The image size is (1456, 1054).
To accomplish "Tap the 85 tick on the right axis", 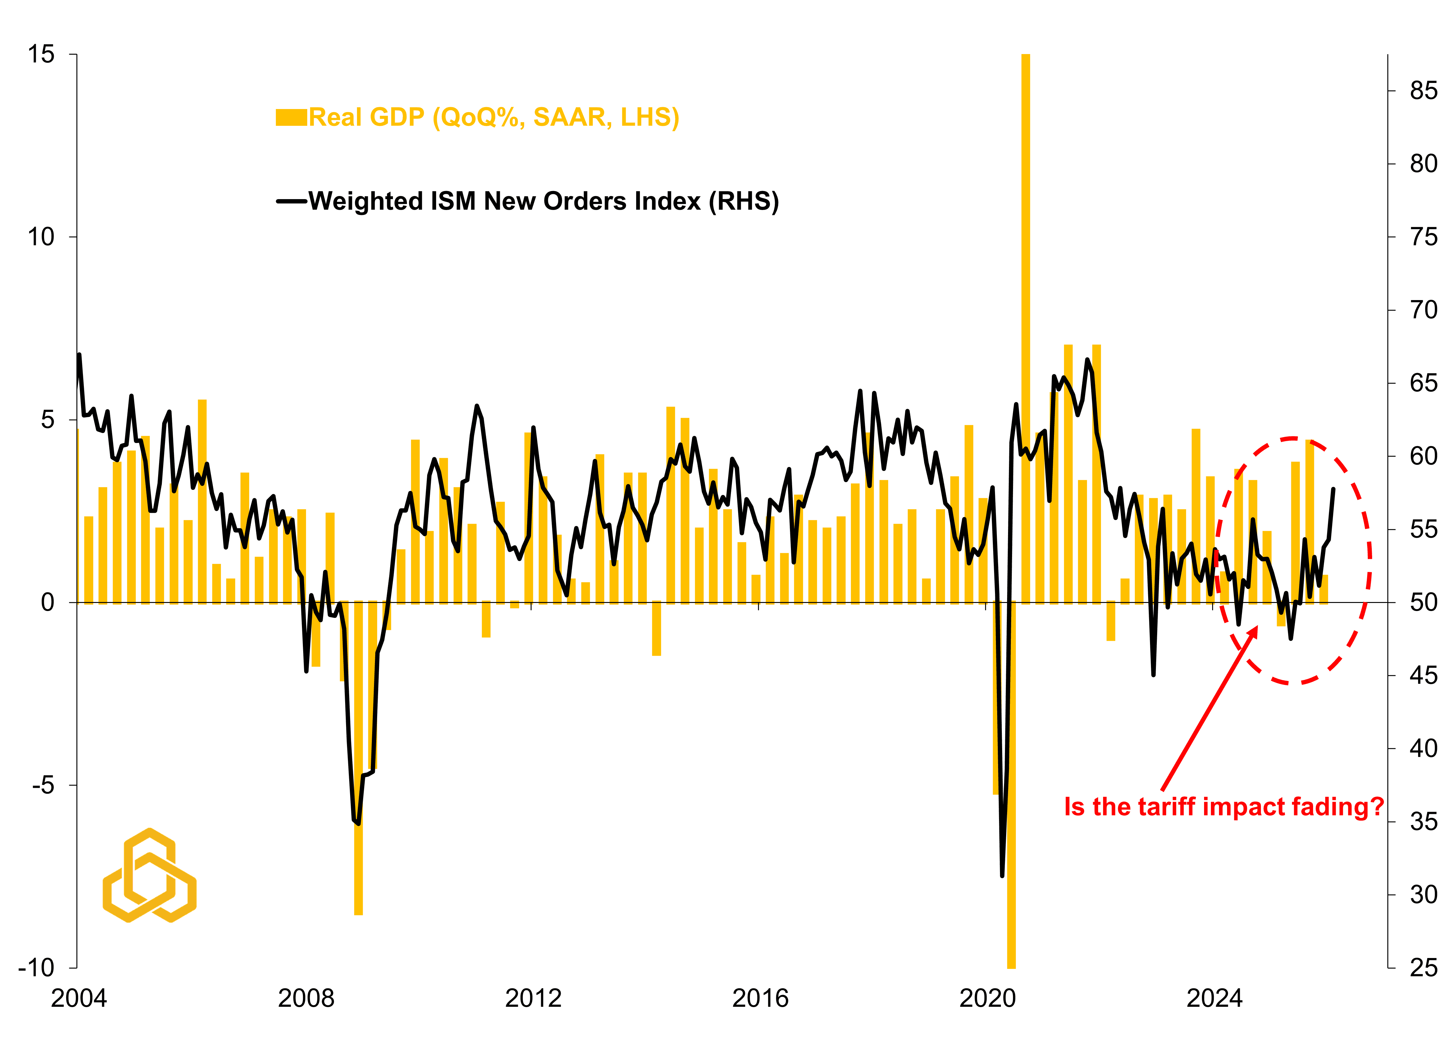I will coord(1423,91).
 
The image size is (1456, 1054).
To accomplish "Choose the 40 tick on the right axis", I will coord(1423,748).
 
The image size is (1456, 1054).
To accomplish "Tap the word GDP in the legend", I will coord(398,117).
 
